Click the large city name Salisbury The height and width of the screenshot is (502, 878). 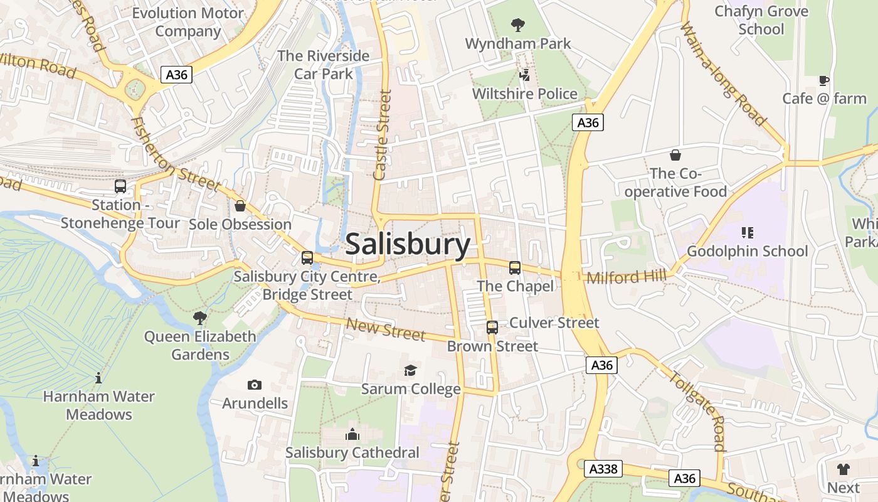click(408, 244)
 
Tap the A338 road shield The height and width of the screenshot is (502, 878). click(603, 468)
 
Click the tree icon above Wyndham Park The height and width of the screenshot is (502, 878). click(518, 25)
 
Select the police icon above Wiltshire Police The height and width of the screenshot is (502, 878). click(525, 75)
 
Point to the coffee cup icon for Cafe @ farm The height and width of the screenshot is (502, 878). click(824, 80)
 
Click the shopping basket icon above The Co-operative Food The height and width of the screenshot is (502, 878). click(675, 155)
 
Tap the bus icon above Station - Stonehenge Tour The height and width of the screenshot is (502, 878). click(120, 186)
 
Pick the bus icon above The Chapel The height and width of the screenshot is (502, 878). click(515, 268)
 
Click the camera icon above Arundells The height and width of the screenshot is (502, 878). click(255, 385)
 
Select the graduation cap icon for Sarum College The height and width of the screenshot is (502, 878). click(410, 371)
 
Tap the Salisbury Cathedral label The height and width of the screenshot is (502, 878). click(352, 452)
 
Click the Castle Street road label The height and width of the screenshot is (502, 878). click(382, 135)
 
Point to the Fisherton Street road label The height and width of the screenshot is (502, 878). click(175, 154)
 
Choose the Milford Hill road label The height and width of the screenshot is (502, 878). click(627, 276)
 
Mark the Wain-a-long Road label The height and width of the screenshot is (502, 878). click(724, 73)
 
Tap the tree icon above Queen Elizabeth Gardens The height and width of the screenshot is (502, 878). click(200, 318)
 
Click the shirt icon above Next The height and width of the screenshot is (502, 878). click(844, 469)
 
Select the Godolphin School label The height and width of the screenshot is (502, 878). click(748, 251)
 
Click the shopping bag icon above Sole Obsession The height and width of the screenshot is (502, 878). click(240, 206)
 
